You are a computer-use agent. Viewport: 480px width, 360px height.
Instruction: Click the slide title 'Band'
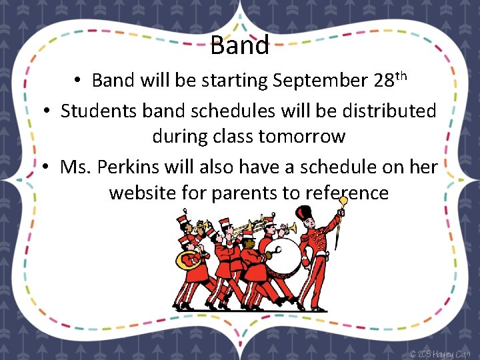pyautogui.click(x=239, y=45)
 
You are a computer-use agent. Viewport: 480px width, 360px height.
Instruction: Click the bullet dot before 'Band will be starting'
pyautogui.click(x=78, y=81)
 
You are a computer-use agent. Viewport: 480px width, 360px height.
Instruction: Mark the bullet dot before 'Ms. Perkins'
pyautogui.click(x=45, y=167)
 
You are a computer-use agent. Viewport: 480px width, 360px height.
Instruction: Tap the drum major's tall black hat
pyautogui.click(x=304, y=215)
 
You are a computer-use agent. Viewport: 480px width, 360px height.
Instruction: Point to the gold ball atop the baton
pyautogui.click(x=343, y=200)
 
